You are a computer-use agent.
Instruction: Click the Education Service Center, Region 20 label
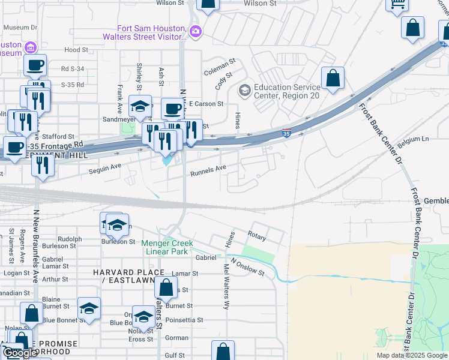(x=286, y=91)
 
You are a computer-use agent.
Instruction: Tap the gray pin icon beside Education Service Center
(x=244, y=90)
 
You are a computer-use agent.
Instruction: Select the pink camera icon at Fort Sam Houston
(x=194, y=31)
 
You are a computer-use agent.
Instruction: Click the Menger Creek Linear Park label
(x=167, y=247)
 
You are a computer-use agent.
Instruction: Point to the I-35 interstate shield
(x=287, y=133)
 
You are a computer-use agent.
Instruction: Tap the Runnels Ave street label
(x=208, y=173)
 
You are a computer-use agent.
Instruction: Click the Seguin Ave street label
(x=105, y=169)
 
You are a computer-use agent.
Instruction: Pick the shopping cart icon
(x=397, y=5)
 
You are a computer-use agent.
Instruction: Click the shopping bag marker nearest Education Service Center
(x=333, y=79)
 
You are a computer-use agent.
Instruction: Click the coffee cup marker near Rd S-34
(x=35, y=65)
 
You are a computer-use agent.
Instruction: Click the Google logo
(x=20, y=353)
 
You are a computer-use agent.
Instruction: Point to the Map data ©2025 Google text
(x=411, y=355)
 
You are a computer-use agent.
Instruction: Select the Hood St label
(x=76, y=50)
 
